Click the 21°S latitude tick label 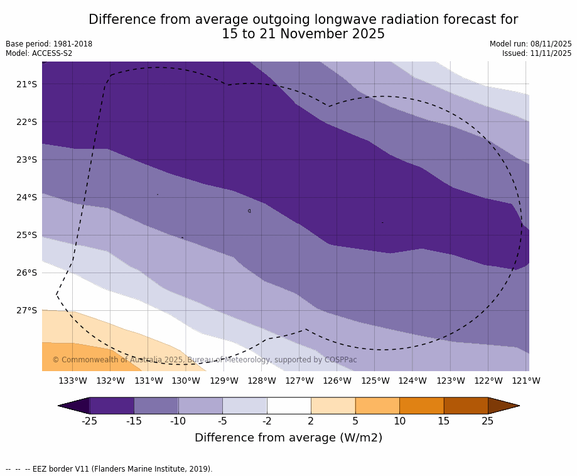click(26, 84)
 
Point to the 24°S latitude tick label click(26, 197)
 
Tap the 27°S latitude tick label click(26, 310)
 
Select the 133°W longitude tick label click(73, 381)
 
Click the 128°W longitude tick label click(261, 381)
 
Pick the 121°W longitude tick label click(526, 381)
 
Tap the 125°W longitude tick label click(375, 381)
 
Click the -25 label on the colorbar click(90, 421)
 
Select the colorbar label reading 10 click(399, 421)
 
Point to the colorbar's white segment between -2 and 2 click(289, 406)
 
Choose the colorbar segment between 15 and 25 click(465, 406)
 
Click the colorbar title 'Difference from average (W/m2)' click(288, 438)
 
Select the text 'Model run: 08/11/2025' click(531, 44)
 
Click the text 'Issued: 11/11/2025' click(537, 53)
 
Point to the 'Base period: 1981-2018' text click(49, 44)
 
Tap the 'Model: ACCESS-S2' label click(39, 53)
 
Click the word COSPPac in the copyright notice click(340, 360)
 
